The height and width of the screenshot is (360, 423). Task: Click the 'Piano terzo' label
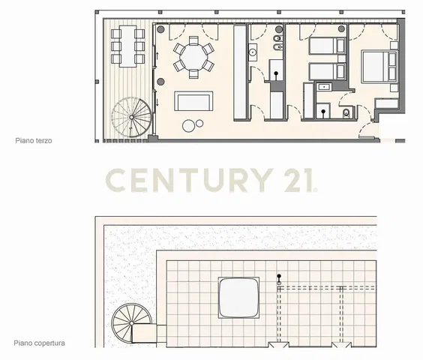[x=34, y=140]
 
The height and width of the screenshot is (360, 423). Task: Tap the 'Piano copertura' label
[x=40, y=343]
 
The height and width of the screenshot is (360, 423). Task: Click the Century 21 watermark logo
[x=211, y=180]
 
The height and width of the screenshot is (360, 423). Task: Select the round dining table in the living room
[x=193, y=58]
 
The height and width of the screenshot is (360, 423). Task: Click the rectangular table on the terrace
[x=127, y=46]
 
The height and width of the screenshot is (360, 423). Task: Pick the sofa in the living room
[x=193, y=101]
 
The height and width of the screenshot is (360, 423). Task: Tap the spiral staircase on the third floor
[x=131, y=117]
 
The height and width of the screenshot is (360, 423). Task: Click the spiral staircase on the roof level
[x=132, y=323]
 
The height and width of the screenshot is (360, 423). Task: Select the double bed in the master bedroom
[x=379, y=66]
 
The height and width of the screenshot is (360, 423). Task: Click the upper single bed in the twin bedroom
[x=327, y=46]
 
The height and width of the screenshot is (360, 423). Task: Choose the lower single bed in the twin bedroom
[x=327, y=71]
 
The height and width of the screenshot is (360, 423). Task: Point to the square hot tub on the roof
[x=238, y=298]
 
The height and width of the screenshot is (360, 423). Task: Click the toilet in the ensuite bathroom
[x=346, y=113]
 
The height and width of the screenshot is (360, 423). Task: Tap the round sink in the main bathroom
[x=253, y=52]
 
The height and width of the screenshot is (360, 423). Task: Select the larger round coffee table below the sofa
[x=188, y=126]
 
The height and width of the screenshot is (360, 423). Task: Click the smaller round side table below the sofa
[x=199, y=124]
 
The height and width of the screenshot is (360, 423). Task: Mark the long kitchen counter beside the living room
[x=240, y=72]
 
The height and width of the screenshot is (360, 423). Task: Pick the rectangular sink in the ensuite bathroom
[x=323, y=87]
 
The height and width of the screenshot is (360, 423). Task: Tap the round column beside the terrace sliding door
[x=161, y=82]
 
